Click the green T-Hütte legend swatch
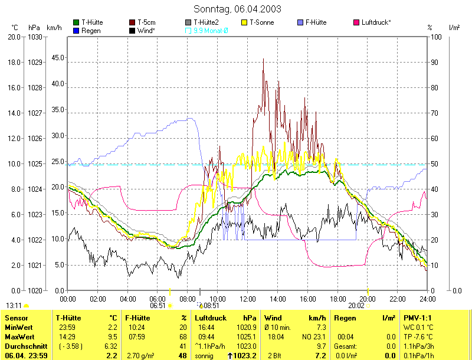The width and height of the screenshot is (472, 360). click(76, 22)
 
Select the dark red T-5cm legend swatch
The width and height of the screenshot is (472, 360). click(132, 22)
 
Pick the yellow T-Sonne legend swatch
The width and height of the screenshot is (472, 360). click(245, 22)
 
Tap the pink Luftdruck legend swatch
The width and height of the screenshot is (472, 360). click(356, 22)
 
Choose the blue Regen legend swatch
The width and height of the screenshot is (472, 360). click(76, 30)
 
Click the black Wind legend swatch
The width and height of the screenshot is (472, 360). click(132, 30)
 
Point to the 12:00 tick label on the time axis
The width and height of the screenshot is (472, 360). click(248, 299)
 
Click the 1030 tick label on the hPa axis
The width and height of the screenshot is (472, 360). click(35, 37)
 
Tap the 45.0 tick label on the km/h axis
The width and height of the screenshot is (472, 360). click(57, 58)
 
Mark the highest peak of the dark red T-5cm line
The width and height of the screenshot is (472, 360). click(263, 59)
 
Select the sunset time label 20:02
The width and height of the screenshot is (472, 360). click(356, 306)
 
